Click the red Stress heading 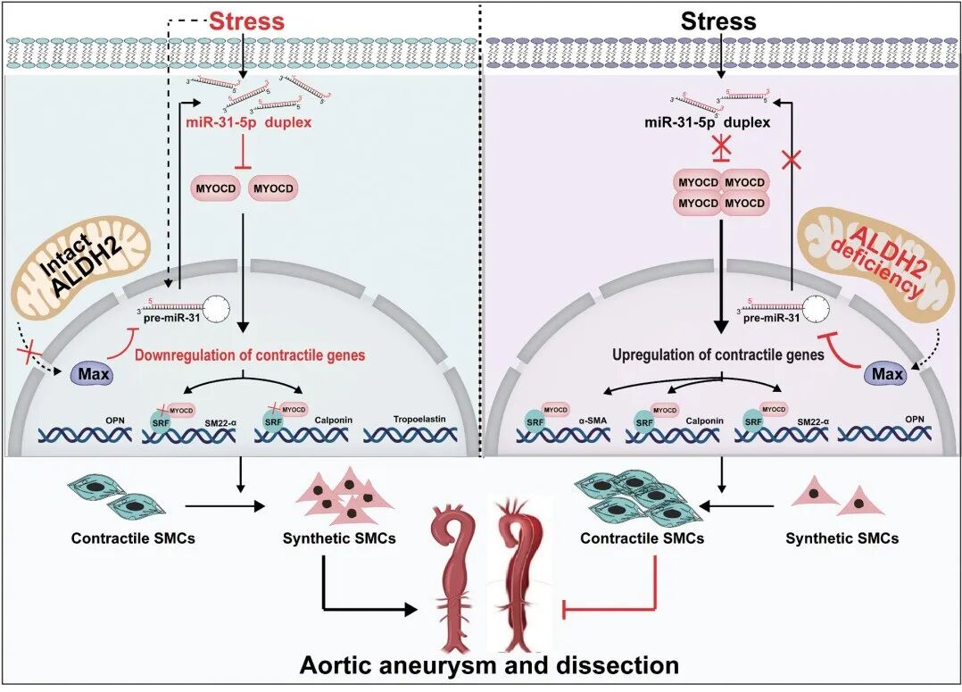click(x=246, y=21)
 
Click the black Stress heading click(x=718, y=21)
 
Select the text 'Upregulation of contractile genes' click(x=719, y=354)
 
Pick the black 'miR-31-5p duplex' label click(x=720, y=121)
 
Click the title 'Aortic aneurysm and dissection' click(x=489, y=665)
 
